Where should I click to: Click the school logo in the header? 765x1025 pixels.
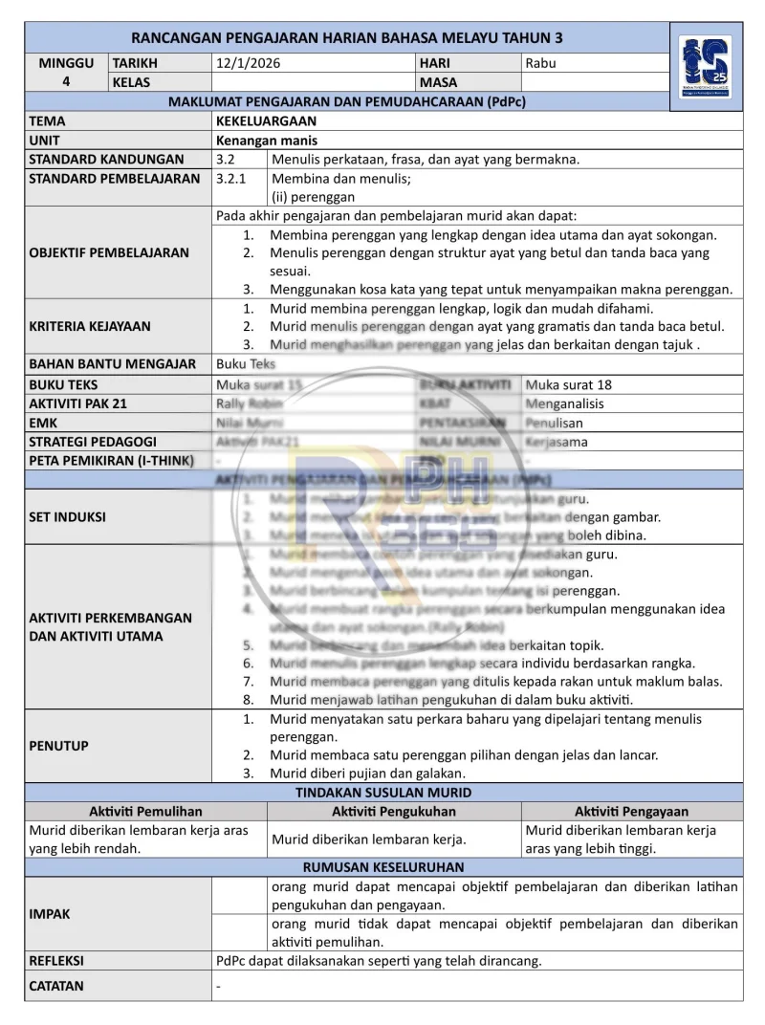pos(706,64)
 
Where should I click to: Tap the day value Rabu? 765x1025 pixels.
pos(540,63)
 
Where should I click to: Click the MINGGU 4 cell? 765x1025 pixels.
pos(66,73)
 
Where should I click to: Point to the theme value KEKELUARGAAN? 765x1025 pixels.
pos(266,121)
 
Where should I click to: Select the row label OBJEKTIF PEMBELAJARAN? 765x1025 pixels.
pos(109,253)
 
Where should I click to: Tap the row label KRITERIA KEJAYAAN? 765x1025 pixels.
pos(90,326)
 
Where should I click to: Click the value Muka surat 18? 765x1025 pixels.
pos(569,384)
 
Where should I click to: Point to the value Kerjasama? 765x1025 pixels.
pos(557,442)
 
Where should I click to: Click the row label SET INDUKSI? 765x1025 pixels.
pos(68,517)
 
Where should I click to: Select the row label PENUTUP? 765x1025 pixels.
pos(58,746)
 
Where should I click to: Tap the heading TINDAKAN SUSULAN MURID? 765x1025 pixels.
pos(382,793)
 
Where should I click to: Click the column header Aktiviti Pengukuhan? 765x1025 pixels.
pos(394,811)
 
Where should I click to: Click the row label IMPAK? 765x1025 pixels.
pos(50,914)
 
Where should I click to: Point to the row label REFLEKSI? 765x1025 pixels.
pos(56,961)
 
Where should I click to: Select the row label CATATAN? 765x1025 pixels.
pos(56,986)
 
